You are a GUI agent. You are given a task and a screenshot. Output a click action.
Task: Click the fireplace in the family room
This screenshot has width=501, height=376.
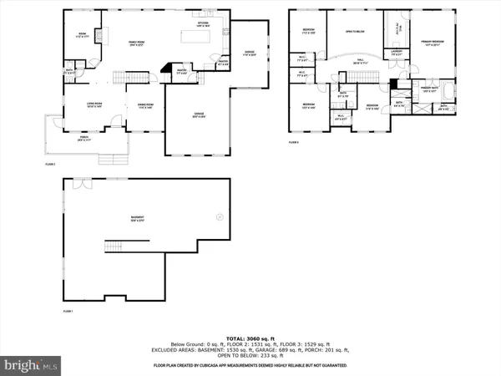coord(100,36)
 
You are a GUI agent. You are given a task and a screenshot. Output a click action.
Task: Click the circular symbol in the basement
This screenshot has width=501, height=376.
coord(220,216)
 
